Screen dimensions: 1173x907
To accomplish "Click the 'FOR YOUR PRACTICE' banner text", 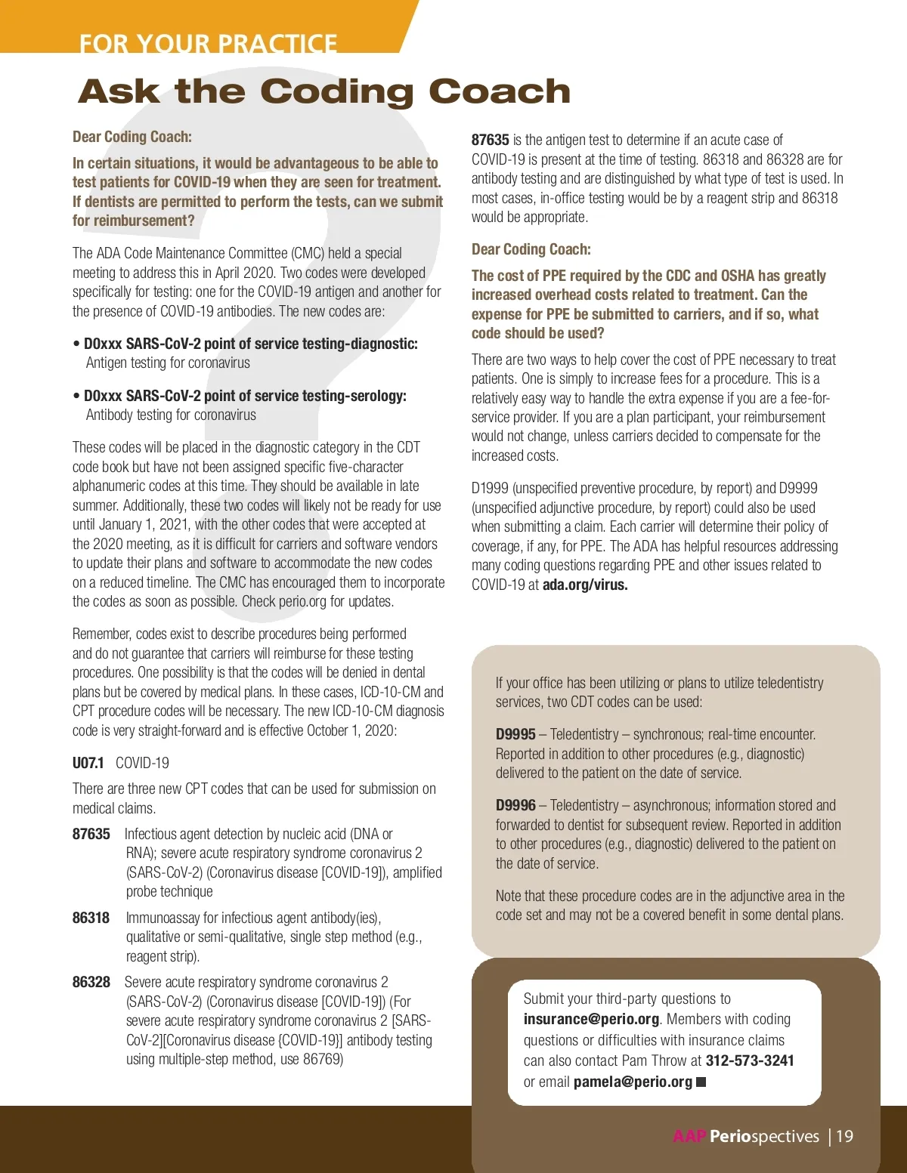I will point(208,43).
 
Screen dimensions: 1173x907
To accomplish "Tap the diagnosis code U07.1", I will point(88,763).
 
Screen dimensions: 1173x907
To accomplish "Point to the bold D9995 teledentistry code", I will point(515,734).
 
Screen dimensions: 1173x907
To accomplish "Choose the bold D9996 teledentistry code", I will point(515,805).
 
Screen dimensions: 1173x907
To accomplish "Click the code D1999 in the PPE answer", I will point(490,488).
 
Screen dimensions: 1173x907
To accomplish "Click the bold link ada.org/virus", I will point(585,585).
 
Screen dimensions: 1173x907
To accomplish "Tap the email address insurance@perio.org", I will point(591,1019).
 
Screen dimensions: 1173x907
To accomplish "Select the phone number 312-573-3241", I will point(750,1060).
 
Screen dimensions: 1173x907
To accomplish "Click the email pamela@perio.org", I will point(633,1082).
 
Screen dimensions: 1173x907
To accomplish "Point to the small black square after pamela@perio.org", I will point(701,1082).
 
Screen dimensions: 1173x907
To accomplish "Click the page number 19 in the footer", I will point(844,1136).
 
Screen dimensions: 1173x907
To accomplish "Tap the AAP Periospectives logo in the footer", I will point(746,1136).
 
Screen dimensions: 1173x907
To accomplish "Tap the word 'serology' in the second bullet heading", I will point(377,396).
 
